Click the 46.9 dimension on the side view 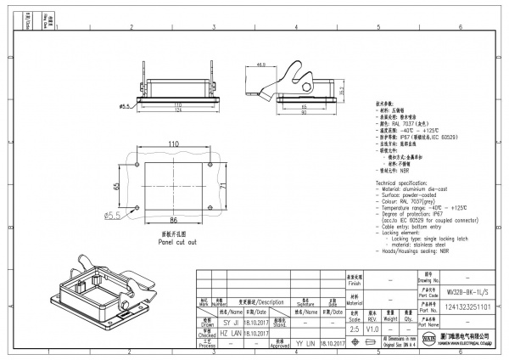[x=261, y=65]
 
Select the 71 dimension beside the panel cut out [x=222, y=184]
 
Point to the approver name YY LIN [x=305, y=344]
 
